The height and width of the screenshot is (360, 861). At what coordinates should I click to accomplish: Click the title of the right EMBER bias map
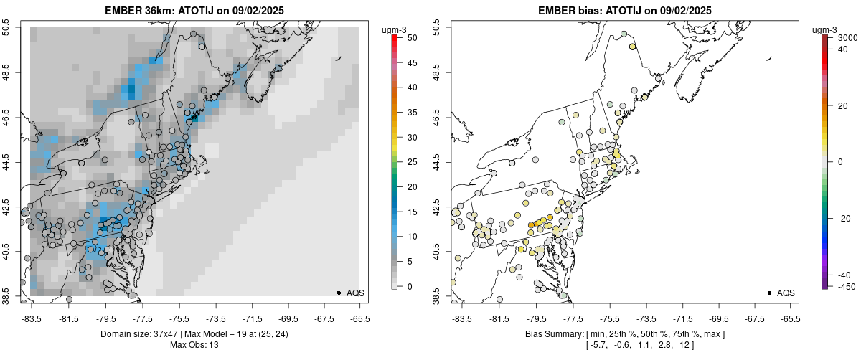625,10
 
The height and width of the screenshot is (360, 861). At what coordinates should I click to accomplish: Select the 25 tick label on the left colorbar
410,162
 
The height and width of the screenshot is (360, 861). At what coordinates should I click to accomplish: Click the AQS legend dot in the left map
338,293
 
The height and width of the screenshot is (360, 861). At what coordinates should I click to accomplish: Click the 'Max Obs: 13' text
194,345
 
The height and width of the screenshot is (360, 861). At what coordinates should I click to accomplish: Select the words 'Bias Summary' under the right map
555,334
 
